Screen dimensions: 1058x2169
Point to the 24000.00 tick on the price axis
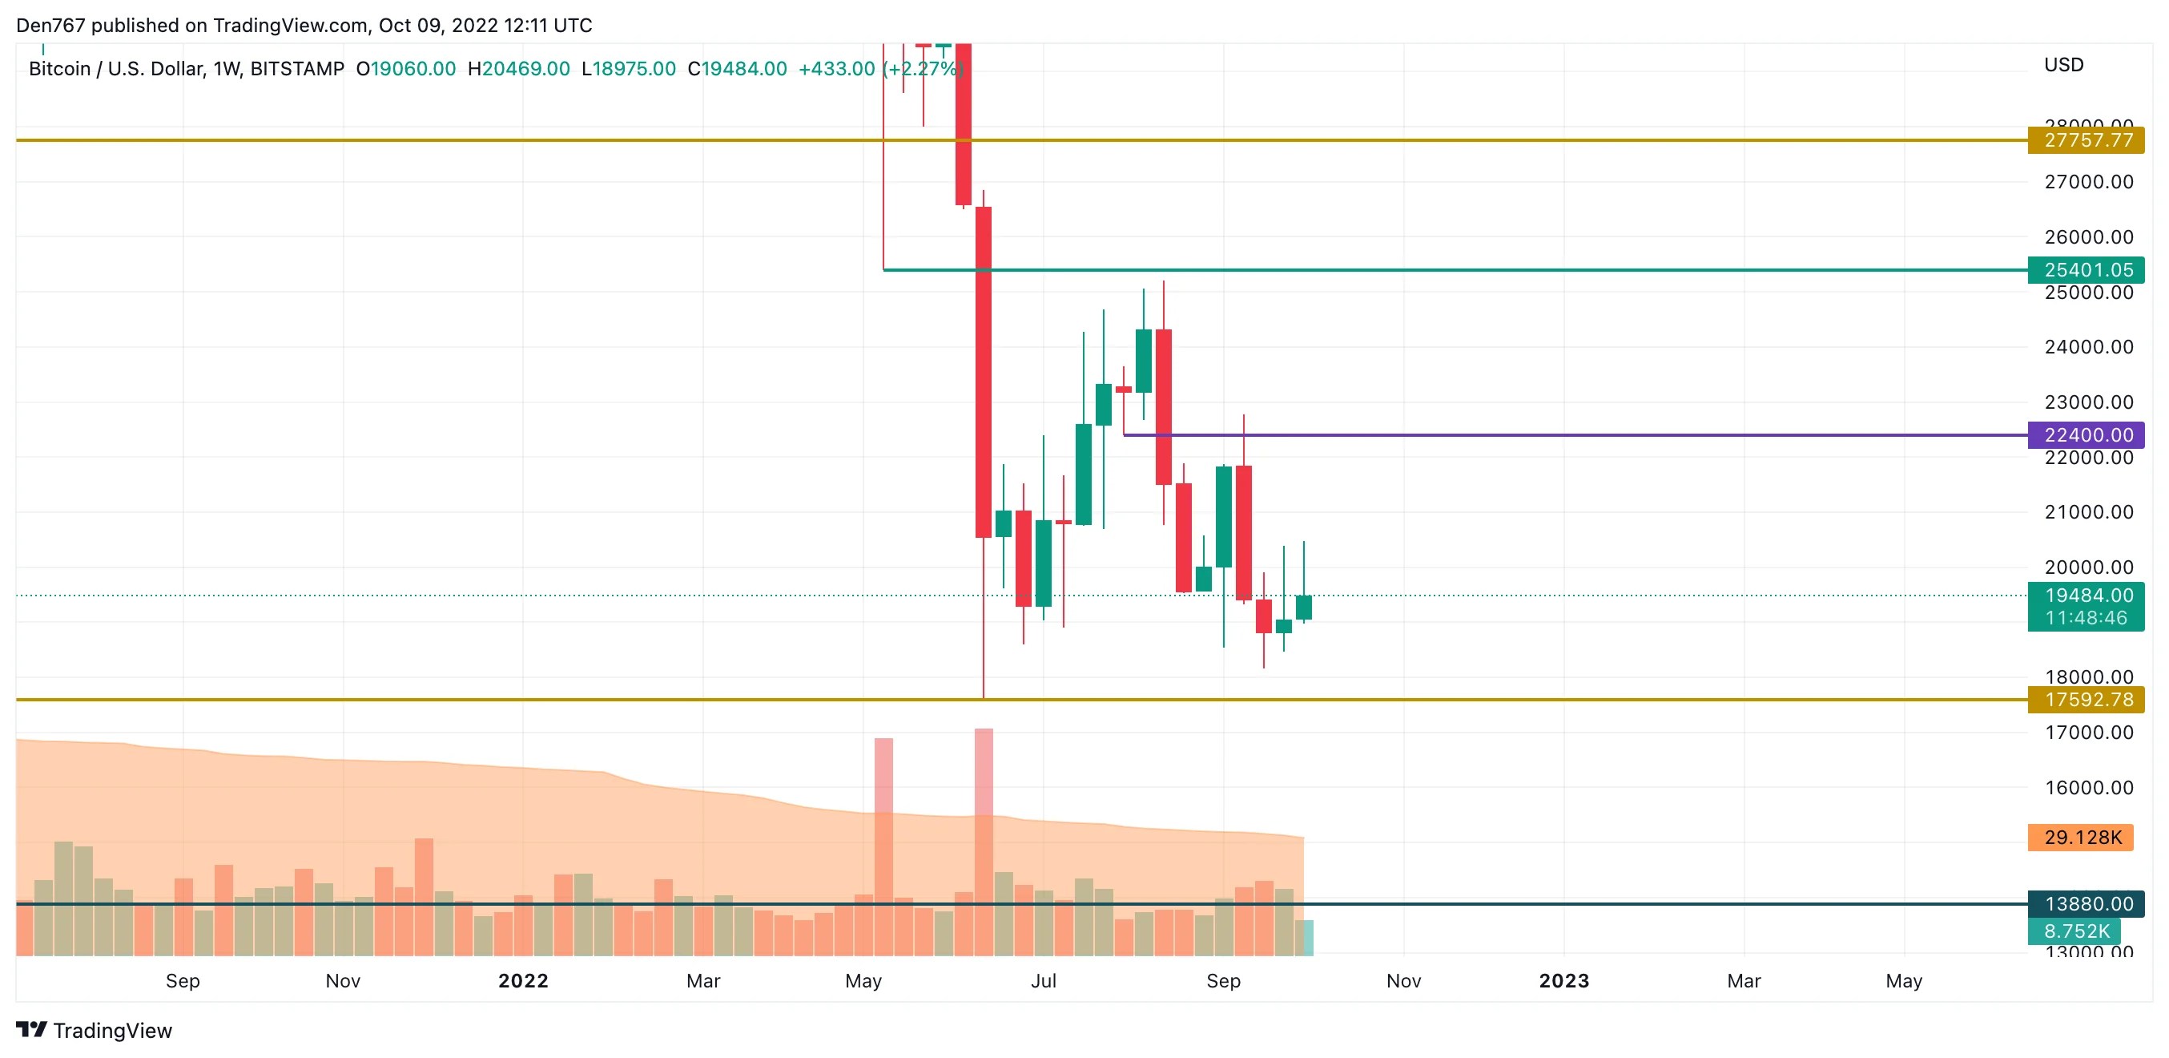(x=2088, y=347)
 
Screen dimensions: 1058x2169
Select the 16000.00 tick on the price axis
(x=2088, y=788)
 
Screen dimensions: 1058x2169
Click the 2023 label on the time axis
(x=1563, y=980)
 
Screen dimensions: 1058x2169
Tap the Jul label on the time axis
(x=1043, y=980)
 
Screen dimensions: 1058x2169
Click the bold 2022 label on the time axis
(x=523, y=980)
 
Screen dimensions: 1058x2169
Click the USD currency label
(x=2063, y=65)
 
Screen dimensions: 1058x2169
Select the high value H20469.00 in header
(x=519, y=69)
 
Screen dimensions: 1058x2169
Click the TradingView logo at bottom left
(x=95, y=1030)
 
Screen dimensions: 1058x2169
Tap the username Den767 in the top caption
(x=50, y=26)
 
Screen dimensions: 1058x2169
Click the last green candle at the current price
(x=1303, y=608)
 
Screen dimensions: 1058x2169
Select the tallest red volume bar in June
(x=984, y=842)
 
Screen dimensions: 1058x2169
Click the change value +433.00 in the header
(x=836, y=69)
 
